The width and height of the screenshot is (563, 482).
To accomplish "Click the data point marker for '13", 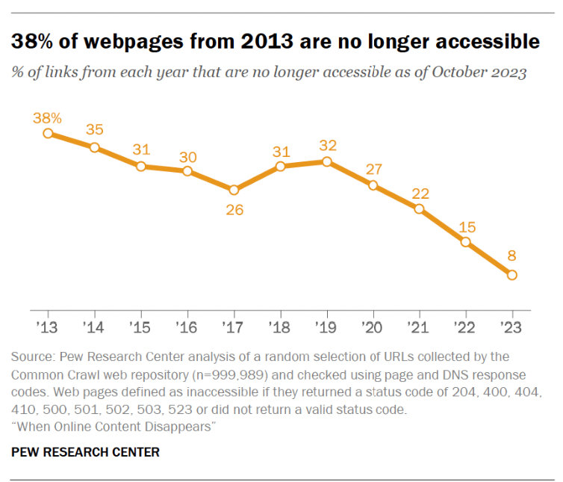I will point(48,133).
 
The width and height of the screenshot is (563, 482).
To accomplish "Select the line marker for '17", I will point(234,190).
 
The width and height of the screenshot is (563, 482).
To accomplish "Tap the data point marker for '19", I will point(326,161).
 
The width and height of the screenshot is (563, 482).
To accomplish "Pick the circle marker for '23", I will point(512,275).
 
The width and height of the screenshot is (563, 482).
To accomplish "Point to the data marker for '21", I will point(419,209).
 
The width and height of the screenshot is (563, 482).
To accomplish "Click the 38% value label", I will point(47,117).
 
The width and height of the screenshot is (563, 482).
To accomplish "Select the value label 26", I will point(234,210).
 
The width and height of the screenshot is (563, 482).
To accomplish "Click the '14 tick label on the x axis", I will point(94,327).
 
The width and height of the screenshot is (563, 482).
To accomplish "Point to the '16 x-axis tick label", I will point(187,327).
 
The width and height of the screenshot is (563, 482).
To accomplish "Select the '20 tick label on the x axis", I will point(373,327).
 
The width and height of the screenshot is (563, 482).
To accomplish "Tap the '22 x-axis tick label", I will point(466,327).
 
